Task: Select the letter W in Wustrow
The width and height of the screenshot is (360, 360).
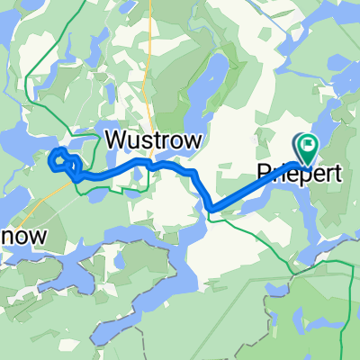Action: coord(118,139)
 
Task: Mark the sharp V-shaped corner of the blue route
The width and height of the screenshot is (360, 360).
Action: coord(211,211)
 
